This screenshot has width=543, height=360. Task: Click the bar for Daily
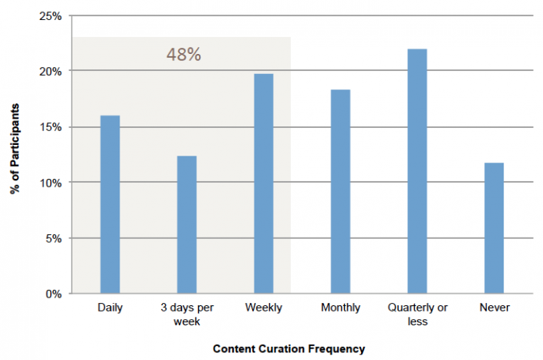click(110, 204)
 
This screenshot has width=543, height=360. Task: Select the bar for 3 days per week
click(187, 224)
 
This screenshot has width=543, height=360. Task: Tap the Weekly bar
click(264, 183)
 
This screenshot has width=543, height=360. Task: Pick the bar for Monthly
click(340, 191)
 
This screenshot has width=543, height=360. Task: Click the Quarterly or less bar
click(417, 171)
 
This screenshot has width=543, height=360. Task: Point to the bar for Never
click(494, 228)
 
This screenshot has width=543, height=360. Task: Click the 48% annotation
click(184, 56)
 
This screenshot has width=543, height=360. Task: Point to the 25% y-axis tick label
click(51, 15)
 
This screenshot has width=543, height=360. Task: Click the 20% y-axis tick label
click(51, 71)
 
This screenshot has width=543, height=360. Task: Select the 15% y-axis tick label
click(51, 126)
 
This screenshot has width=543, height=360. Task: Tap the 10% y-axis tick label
click(51, 183)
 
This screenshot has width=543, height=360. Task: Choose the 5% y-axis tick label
click(54, 238)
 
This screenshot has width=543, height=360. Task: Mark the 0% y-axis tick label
click(54, 294)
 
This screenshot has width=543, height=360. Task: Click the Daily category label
click(110, 308)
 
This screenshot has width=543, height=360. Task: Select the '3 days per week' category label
click(187, 315)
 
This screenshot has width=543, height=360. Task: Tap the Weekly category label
click(264, 308)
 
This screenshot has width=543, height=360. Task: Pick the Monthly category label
click(340, 308)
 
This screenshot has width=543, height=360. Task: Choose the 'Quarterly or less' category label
click(417, 315)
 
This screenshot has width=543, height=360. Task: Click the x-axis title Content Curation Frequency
click(289, 348)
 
